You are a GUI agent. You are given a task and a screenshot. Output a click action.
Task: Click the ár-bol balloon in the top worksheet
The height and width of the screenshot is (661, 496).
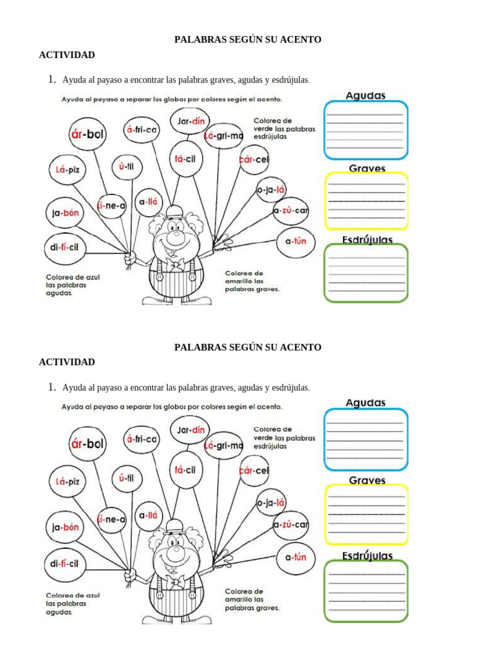tap(87, 135)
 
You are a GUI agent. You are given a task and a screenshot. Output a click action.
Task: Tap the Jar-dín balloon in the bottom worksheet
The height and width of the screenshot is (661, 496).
tap(189, 429)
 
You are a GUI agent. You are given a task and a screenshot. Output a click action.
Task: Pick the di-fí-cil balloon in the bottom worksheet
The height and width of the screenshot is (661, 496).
tap(65, 564)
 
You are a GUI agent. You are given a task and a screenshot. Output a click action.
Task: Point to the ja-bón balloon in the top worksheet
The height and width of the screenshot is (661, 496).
tap(65, 212)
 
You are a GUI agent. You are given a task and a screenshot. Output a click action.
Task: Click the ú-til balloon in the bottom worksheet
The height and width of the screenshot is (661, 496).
tap(127, 478)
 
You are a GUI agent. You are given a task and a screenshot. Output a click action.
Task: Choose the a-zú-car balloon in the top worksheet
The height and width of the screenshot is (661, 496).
tap(291, 210)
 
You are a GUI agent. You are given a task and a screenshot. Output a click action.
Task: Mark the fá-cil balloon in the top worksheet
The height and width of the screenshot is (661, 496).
tap(185, 158)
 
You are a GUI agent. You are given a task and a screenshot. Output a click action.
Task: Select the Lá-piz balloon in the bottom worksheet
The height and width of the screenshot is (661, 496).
tap(67, 481)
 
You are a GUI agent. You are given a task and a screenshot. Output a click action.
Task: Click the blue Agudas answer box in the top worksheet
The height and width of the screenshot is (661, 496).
tap(366, 130)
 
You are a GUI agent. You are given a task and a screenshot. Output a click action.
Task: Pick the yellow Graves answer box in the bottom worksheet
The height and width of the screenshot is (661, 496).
tap(366, 514)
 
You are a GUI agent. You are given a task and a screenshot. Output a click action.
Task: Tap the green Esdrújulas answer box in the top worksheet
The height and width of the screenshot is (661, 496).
tap(366, 274)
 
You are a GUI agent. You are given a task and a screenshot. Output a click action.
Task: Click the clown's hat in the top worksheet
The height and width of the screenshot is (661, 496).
tap(174, 212)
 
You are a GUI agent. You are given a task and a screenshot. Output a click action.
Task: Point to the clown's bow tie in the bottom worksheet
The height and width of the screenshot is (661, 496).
tap(174, 582)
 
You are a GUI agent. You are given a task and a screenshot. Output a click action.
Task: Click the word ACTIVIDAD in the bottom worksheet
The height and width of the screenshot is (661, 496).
tap(67, 362)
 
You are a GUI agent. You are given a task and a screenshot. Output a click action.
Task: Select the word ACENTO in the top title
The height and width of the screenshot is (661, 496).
tap(300, 39)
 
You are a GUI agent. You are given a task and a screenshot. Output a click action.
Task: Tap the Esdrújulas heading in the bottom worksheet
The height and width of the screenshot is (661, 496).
tap(367, 555)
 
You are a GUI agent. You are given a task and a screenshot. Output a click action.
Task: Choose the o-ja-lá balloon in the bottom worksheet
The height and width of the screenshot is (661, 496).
tap(271, 502)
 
